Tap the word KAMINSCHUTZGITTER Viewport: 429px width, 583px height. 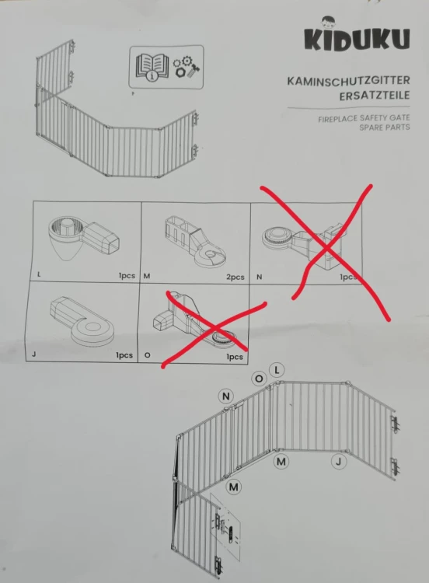point(348,81)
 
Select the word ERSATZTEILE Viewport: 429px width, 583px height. point(375,96)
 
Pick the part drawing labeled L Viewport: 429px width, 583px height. point(84,237)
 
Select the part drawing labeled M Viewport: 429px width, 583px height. point(194,241)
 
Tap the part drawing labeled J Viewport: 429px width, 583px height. point(82,320)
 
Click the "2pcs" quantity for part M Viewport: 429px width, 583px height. point(235,277)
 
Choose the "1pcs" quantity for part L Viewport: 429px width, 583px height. point(127,276)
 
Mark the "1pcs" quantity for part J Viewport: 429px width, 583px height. point(124,355)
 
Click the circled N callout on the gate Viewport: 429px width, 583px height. point(226,396)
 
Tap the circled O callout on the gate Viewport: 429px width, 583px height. point(259,379)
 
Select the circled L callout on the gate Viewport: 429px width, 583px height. point(277,370)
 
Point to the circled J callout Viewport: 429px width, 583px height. point(339,462)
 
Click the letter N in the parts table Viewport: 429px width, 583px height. point(259,277)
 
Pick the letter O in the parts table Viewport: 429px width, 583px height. point(147,355)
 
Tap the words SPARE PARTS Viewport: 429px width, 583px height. point(385,127)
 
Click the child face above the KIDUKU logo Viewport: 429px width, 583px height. point(327,22)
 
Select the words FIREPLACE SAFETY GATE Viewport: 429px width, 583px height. point(364,119)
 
